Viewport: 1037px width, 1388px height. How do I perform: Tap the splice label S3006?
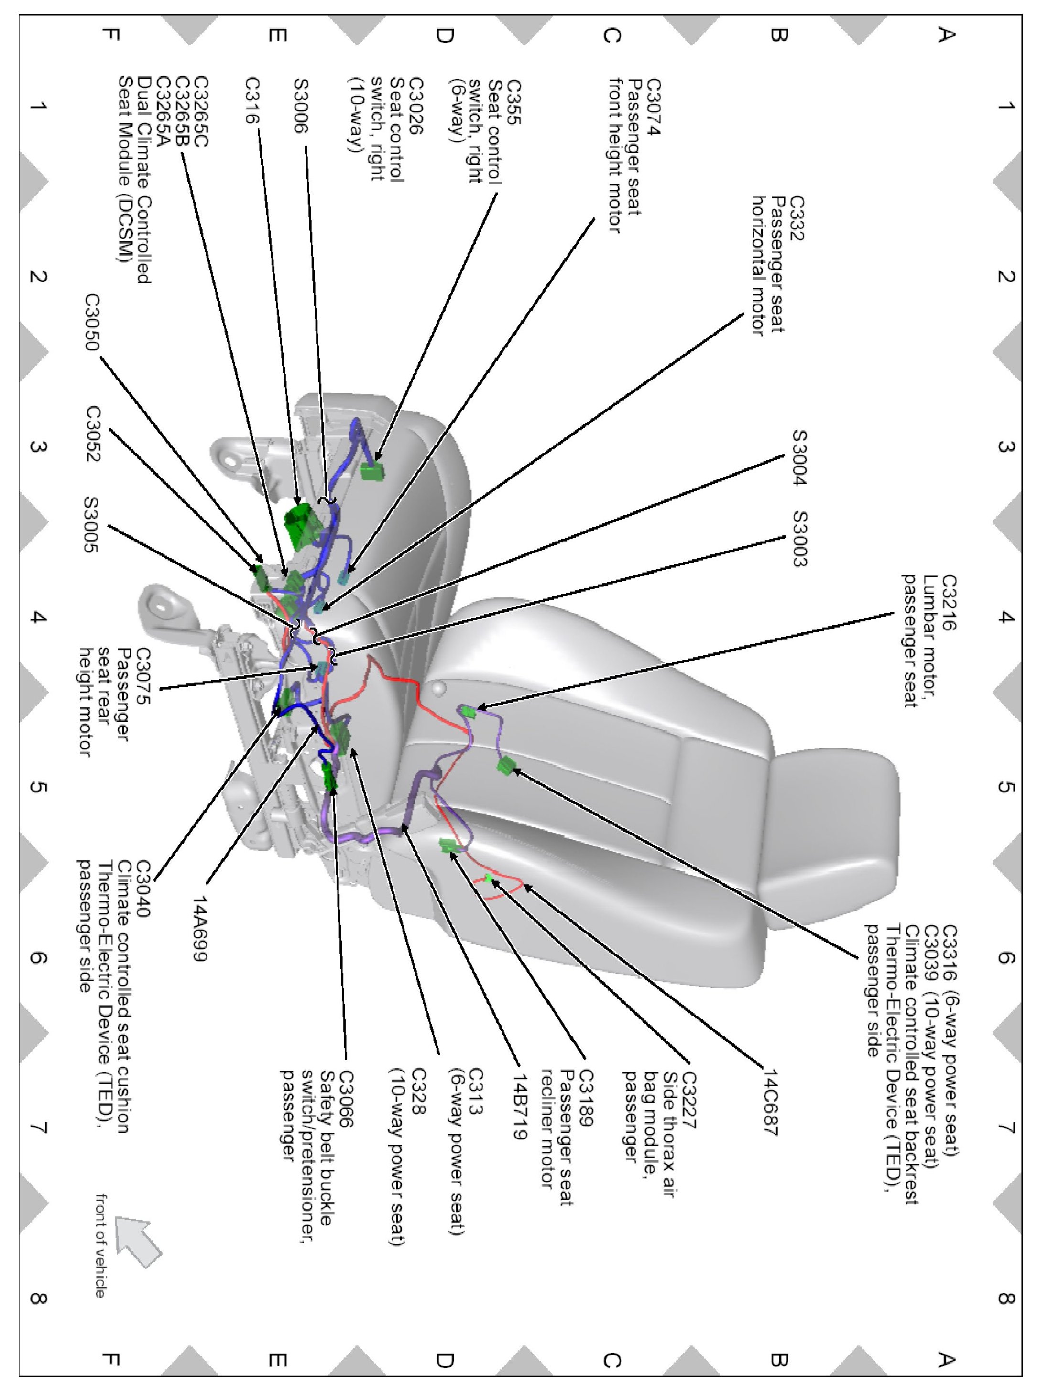[301, 106]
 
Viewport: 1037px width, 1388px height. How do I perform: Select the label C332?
[796, 218]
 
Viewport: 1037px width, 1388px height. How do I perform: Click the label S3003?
[798, 540]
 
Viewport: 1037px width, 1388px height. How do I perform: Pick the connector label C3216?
[948, 602]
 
